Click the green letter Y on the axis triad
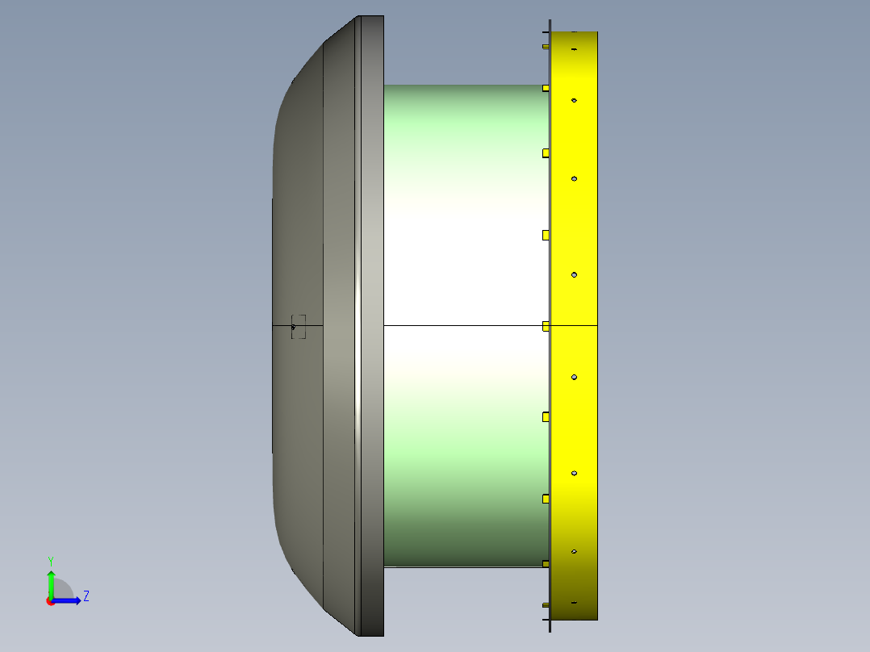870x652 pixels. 51,561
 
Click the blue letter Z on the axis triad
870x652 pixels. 86,596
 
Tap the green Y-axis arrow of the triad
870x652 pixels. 51,584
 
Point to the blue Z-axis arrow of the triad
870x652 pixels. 66,601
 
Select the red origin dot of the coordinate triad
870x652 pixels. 51,601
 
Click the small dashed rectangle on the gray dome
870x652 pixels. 299,326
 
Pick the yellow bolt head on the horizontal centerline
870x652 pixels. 546,326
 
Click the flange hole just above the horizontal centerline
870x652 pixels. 575,274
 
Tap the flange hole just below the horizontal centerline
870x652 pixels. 575,378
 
